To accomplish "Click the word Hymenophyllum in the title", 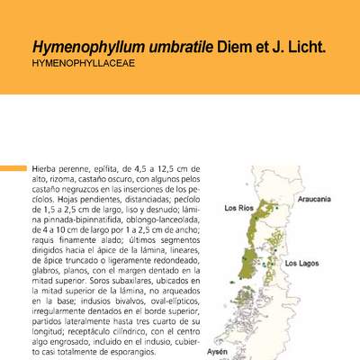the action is (x=78, y=45).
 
